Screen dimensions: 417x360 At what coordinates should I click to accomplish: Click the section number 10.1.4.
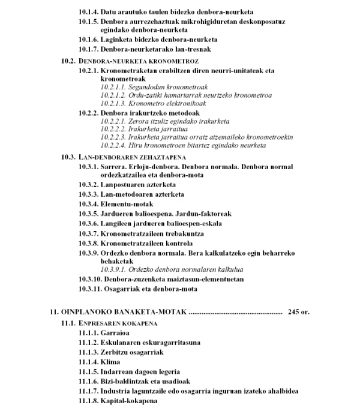89,12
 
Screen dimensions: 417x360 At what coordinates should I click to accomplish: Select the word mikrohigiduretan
212,22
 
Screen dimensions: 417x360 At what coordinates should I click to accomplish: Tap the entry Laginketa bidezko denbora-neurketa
157,39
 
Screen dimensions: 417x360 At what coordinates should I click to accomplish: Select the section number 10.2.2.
89,112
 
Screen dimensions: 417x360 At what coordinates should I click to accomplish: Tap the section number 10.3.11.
91,290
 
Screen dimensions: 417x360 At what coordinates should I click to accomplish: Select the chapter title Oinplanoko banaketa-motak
124,313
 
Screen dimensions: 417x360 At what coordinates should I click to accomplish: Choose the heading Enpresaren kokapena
117,323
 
